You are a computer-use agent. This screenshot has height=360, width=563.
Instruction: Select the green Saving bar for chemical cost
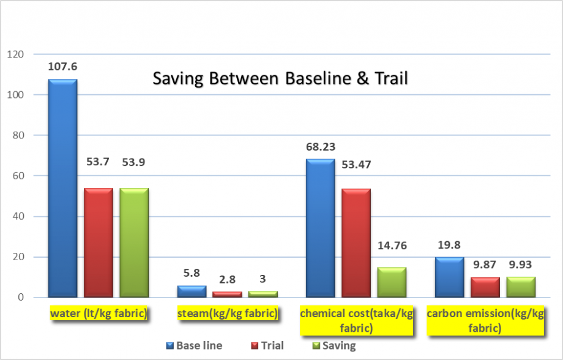pyautogui.click(x=392, y=282)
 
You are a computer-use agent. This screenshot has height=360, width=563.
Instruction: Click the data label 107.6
pyautogui.click(x=62, y=66)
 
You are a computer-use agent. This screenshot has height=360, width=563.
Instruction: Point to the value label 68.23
pyautogui.click(x=321, y=146)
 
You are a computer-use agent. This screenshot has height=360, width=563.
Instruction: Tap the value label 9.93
pyautogui.click(x=521, y=264)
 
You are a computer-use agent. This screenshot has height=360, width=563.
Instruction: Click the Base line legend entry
pyautogui.click(x=194, y=345)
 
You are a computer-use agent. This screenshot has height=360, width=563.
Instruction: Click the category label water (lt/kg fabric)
pyautogui.click(x=99, y=314)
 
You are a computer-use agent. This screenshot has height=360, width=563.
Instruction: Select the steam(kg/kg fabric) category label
pyautogui.click(x=227, y=314)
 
